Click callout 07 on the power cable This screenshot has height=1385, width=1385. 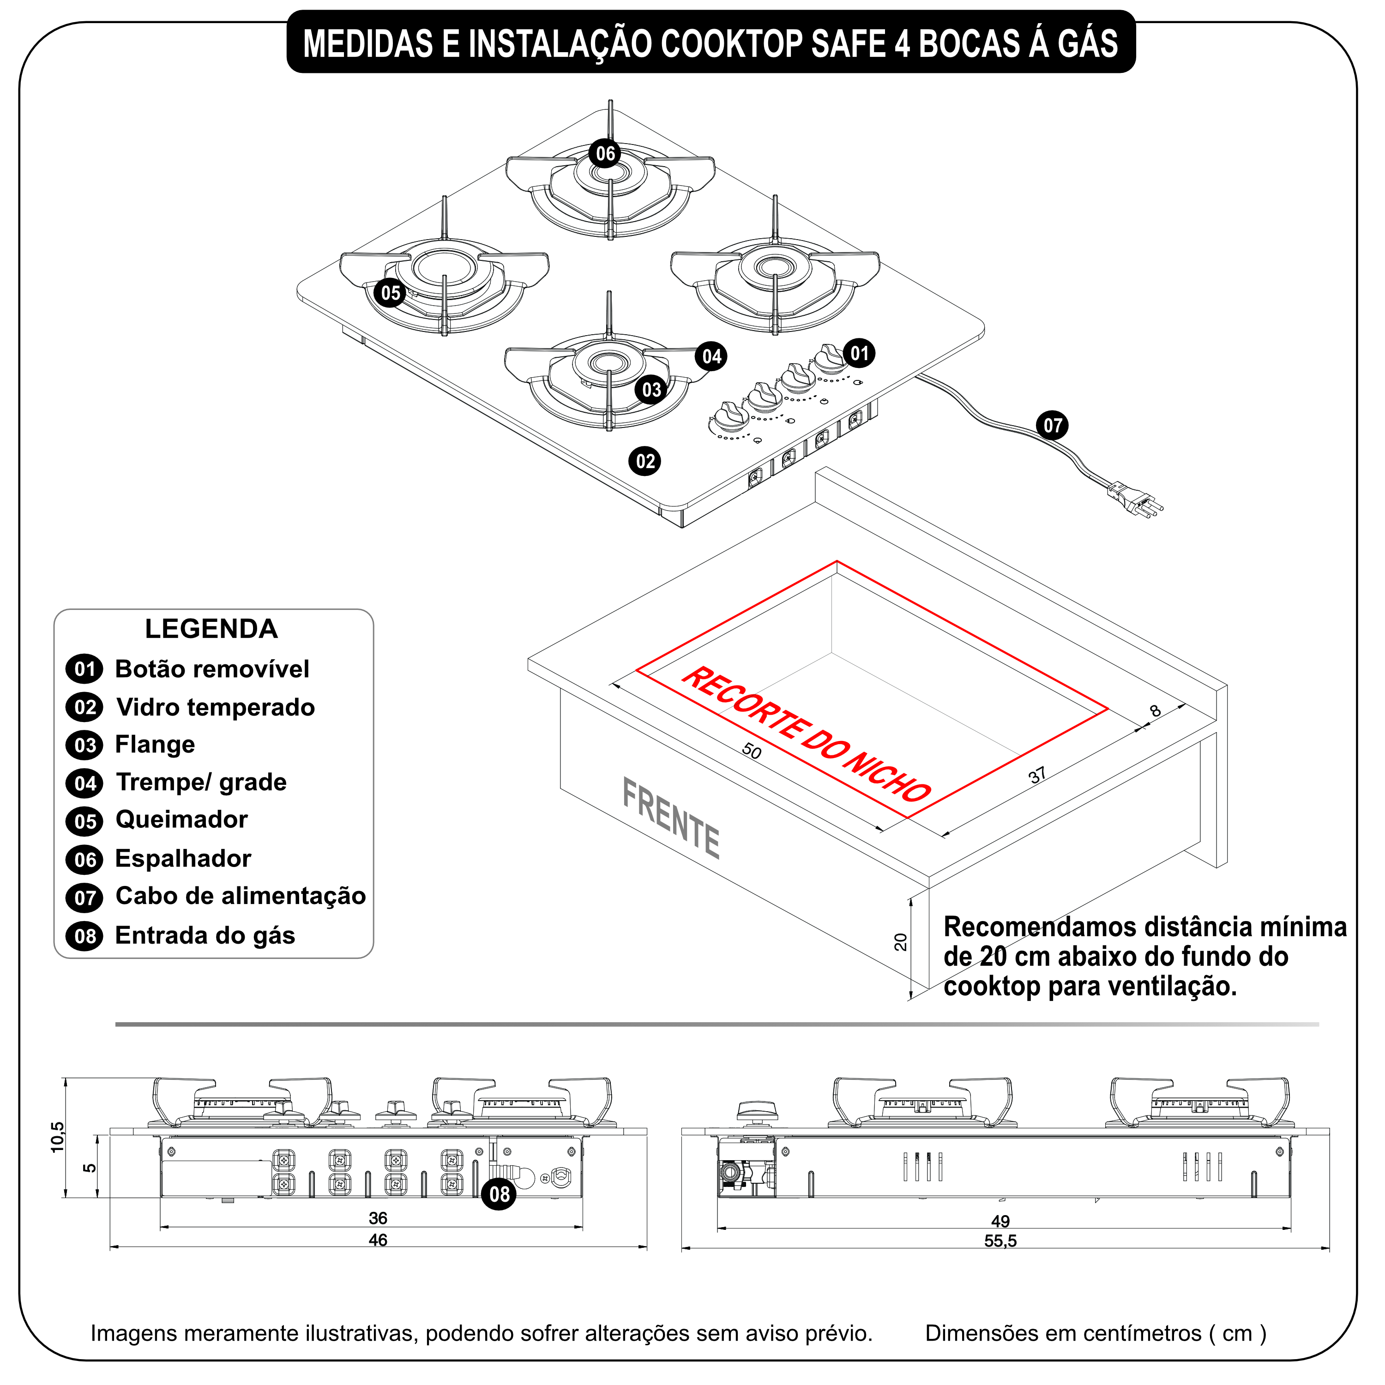click(1052, 426)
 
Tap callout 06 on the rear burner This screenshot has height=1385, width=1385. click(605, 153)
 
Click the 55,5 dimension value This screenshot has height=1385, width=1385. click(1000, 1241)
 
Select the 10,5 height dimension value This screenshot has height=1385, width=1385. click(57, 1137)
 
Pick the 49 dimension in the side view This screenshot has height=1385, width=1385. click(1000, 1221)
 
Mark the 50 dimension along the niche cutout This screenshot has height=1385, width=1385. click(751, 751)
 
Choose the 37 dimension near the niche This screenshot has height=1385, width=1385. click(1036, 775)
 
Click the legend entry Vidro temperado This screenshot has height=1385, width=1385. click(215, 708)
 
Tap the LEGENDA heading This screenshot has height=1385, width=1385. click(211, 629)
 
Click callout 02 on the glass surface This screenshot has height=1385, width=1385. click(645, 461)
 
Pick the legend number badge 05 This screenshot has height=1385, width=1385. click(84, 821)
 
